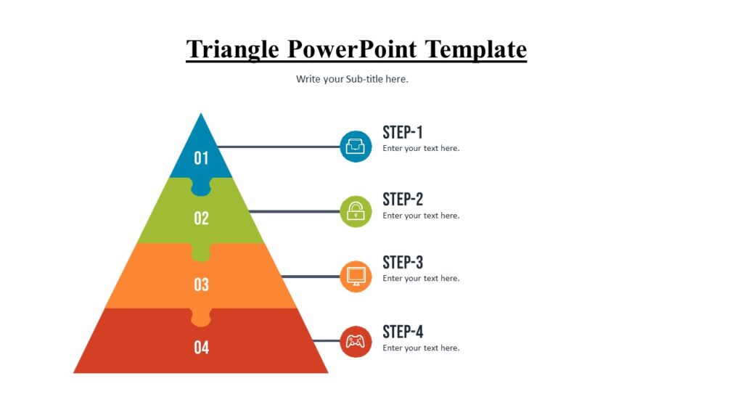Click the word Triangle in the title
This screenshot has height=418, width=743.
click(x=233, y=49)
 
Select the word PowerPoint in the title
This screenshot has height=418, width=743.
click(x=352, y=49)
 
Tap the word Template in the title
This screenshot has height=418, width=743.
click(x=475, y=49)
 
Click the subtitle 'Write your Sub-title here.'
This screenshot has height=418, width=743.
click(x=352, y=79)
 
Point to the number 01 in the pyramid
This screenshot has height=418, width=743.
click(x=201, y=157)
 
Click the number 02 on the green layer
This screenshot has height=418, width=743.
click(x=201, y=218)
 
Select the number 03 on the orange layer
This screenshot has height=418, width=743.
click(x=201, y=284)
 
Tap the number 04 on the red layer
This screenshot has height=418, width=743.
click(x=201, y=348)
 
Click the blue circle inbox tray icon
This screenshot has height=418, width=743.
click(x=356, y=147)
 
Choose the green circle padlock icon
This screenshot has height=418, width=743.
click(x=356, y=211)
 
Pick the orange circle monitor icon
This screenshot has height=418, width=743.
click(x=356, y=276)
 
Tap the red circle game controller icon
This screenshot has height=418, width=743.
click(x=356, y=341)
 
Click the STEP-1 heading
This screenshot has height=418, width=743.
click(x=403, y=132)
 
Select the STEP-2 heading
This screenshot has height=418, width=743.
click(x=403, y=199)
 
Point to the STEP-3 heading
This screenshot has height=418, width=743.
click(x=403, y=262)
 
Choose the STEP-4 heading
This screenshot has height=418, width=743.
click(x=403, y=332)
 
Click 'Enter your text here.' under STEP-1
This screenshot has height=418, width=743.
click(x=421, y=148)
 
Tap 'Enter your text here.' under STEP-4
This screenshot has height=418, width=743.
click(x=421, y=348)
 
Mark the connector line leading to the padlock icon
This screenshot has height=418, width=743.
click(x=294, y=211)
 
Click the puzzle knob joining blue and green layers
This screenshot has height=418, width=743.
click(x=201, y=187)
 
